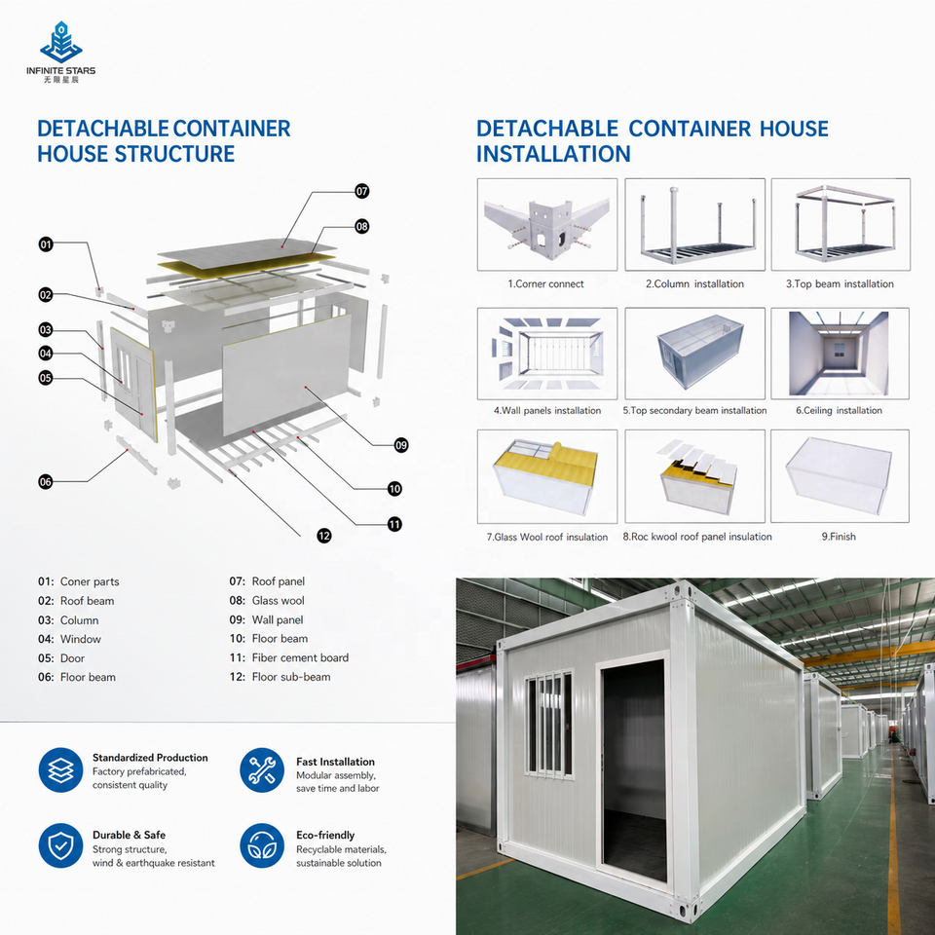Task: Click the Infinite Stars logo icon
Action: tap(60, 42)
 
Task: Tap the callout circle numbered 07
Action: tap(362, 191)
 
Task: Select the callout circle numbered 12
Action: tap(323, 536)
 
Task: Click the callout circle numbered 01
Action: tap(46, 243)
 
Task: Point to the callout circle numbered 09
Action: tap(401, 445)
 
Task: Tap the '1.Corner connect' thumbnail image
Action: tap(546, 224)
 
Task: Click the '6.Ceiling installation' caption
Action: tap(839, 410)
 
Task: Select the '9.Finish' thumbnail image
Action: tap(840, 476)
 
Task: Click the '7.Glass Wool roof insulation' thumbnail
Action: tap(546, 476)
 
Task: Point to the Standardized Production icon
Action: tap(60, 769)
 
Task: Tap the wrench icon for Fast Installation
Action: tap(262, 769)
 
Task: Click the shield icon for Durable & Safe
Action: tap(60, 845)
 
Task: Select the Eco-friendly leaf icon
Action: tap(262, 845)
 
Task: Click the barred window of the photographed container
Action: tap(549, 724)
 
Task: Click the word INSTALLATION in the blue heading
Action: tap(553, 154)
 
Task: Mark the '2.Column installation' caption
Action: tap(694, 283)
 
